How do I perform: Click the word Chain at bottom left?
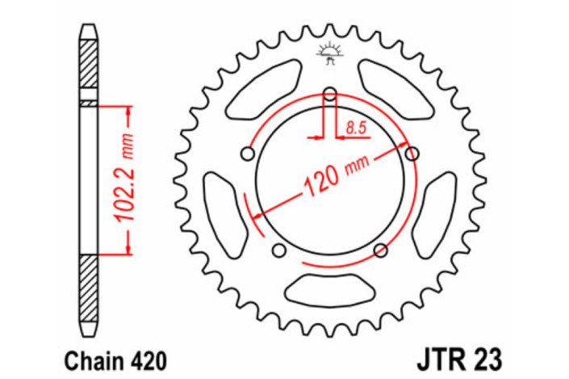point(82,357)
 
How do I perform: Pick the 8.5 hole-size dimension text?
point(355,126)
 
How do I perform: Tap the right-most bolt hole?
point(414,153)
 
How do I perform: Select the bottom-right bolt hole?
point(381,252)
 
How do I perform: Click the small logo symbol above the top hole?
point(328,53)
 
